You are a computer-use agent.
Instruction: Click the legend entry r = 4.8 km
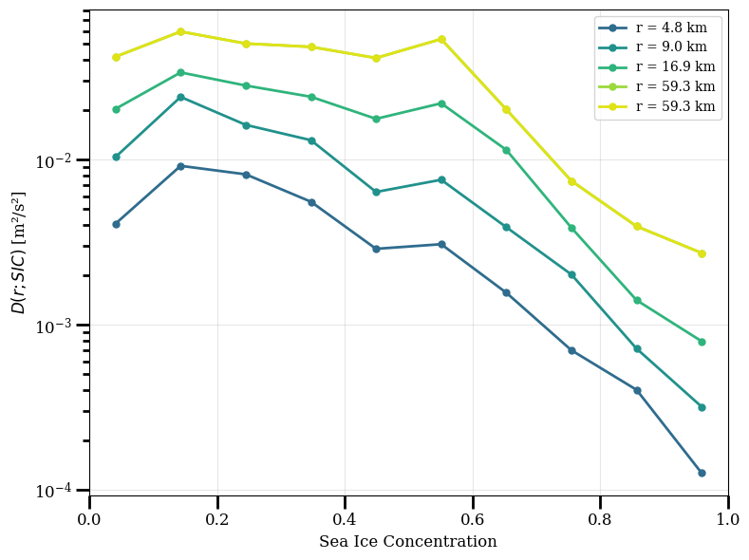click(x=652, y=28)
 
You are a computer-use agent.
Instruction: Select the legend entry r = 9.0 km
click(x=652, y=47)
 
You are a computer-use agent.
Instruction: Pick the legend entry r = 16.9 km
click(x=657, y=66)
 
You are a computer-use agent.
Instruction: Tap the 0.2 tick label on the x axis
click(x=217, y=519)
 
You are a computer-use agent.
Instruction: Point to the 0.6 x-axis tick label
click(x=473, y=519)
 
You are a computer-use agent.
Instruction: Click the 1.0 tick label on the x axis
click(x=728, y=519)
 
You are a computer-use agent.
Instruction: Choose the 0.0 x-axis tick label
click(x=89, y=519)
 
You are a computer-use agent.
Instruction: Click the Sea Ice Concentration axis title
click(x=408, y=541)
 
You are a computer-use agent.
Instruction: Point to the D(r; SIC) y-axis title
click(x=18, y=252)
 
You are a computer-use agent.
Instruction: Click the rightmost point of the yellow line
click(x=702, y=254)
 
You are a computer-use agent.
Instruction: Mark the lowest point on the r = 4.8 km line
click(x=702, y=473)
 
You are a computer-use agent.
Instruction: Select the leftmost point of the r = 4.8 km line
click(x=116, y=224)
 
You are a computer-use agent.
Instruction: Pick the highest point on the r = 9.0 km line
click(x=180, y=98)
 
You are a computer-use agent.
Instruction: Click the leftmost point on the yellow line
click(x=116, y=57)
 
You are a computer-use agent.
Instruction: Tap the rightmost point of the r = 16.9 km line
click(x=702, y=343)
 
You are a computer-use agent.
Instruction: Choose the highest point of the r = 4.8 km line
click(x=180, y=167)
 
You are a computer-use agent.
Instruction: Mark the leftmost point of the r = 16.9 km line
click(x=116, y=109)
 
